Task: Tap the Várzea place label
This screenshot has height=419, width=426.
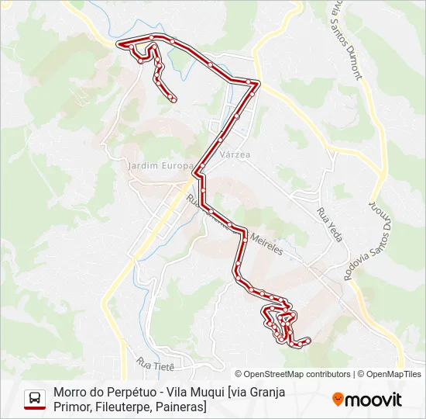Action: pyautogui.click(x=235, y=154)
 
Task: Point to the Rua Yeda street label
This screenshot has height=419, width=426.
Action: pyautogui.click(x=328, y=225)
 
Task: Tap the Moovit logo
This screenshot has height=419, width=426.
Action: pyautogui.click(x=367, y=400)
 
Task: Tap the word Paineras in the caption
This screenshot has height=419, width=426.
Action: pyautogui.click(x=180, y=407)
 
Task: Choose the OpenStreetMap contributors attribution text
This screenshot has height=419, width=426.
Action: pyautogui.click(x=297, y=374)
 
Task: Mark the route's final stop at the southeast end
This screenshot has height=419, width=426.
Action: pyautogui.click(x=308, y=340)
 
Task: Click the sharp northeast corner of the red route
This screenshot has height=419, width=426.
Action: pyautogui.click(x=259, y=83)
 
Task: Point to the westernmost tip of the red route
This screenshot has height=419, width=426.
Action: pyautogui.click(x=119, y=45)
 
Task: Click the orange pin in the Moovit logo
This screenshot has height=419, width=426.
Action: pyautogui.click(x=338, y=400)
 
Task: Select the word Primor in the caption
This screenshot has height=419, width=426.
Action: pyautogui.click(x=72, y=407)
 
